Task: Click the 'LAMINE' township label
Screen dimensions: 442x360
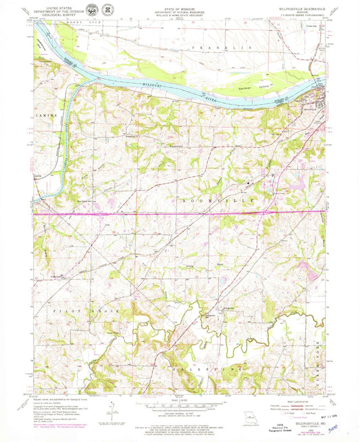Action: pos(41,115)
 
